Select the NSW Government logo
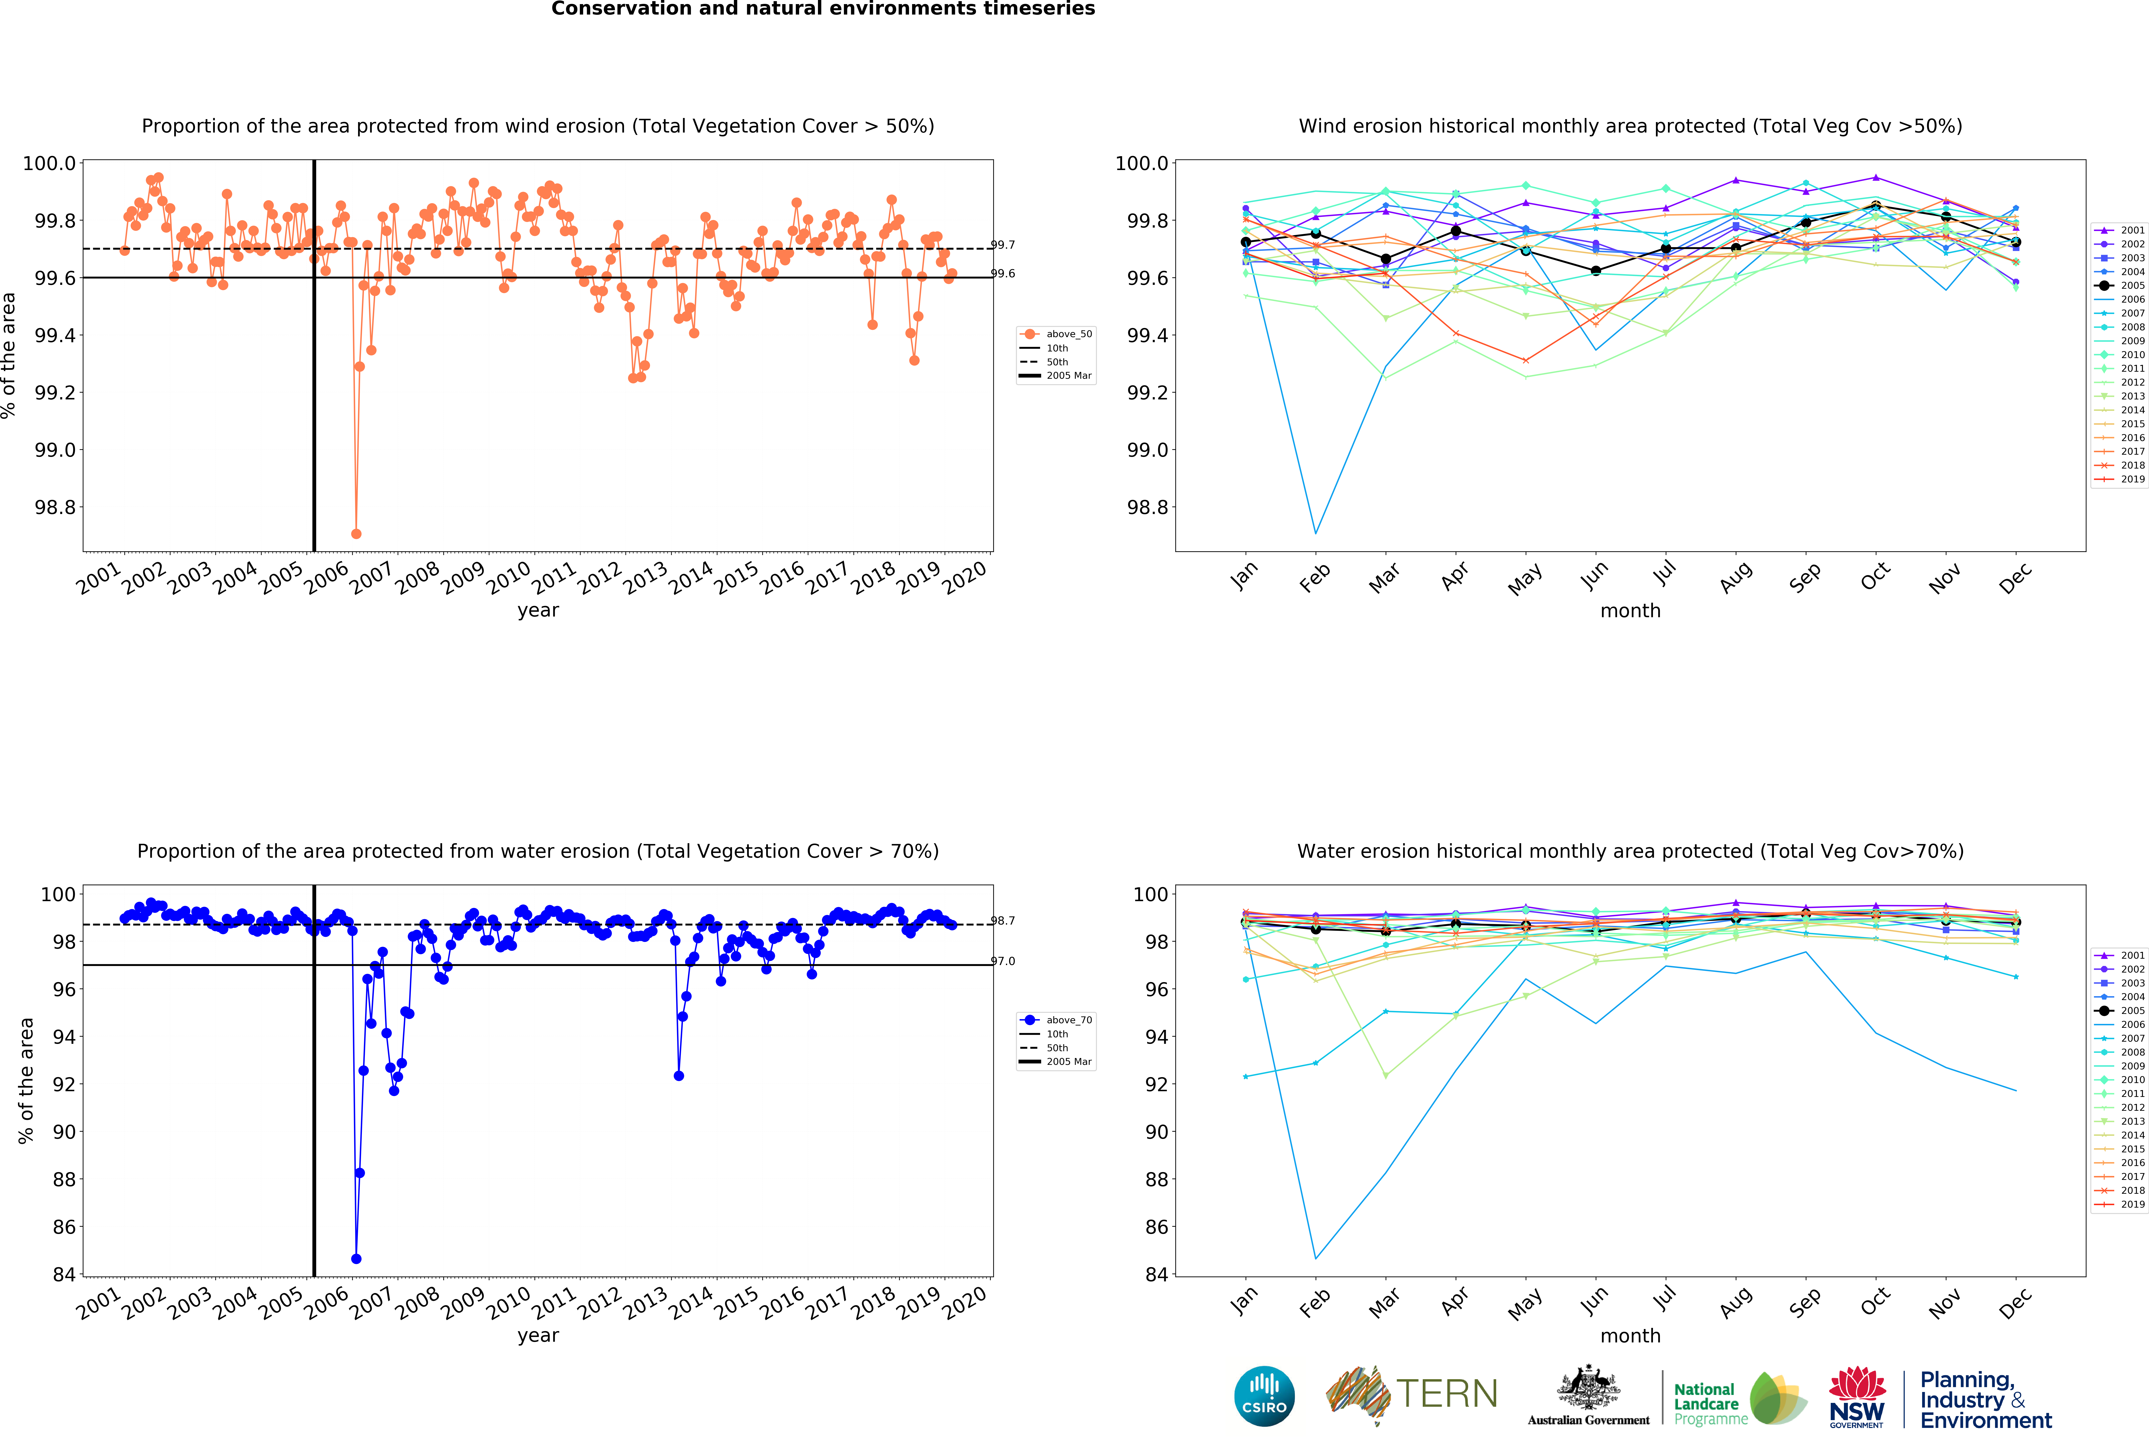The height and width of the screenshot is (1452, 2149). tap(1856, 1397)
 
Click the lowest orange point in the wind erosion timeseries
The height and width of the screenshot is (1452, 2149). tap(356, 534)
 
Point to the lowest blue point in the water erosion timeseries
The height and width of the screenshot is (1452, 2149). tap(356, 1259)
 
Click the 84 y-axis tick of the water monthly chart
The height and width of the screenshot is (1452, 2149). tap(1156, 1274)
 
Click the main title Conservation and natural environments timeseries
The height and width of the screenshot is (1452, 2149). tap(823, 9)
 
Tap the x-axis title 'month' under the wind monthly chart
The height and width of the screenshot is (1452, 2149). tap(1630, 610)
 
